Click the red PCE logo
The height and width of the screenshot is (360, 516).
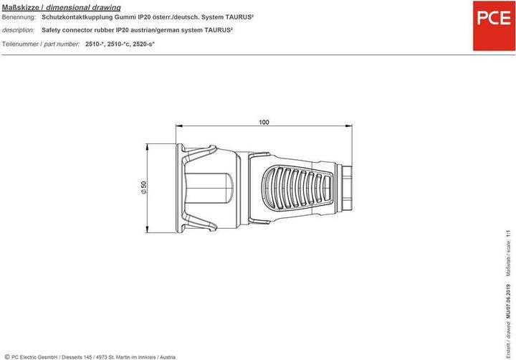click(x=494, y=26)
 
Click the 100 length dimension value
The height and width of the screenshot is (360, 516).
click(x=264, y=122)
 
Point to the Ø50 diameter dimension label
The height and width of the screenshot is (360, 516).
click(x=143, y=187)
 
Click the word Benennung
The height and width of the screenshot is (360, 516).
click(x=19, y=17)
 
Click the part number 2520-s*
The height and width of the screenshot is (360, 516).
click(x=144, y=44)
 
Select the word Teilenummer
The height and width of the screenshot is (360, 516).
click(x=20, y=44)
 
